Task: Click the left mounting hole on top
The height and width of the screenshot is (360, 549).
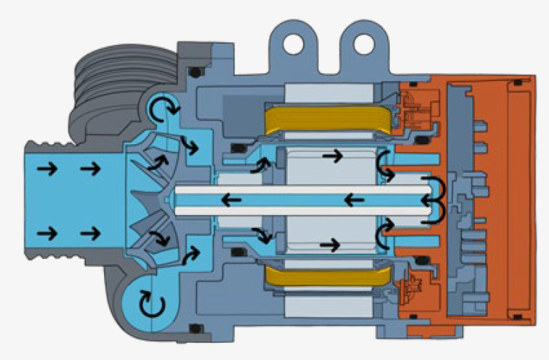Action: [292, 43]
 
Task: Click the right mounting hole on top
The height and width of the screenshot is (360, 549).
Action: [355, 43]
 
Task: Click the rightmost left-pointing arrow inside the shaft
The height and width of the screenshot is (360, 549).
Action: [356, 199]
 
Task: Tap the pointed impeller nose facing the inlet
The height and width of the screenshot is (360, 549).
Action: [136, 199]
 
